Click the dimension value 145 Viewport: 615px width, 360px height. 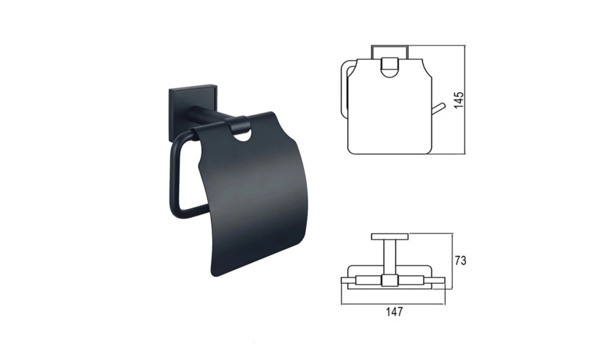[x=459, y=101]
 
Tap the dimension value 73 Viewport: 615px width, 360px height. [x=460, y=261]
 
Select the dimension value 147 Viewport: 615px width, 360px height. [x=394, y=312]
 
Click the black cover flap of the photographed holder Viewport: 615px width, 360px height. [x=251, y=196]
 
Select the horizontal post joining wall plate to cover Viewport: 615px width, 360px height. [x=208, y=114]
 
